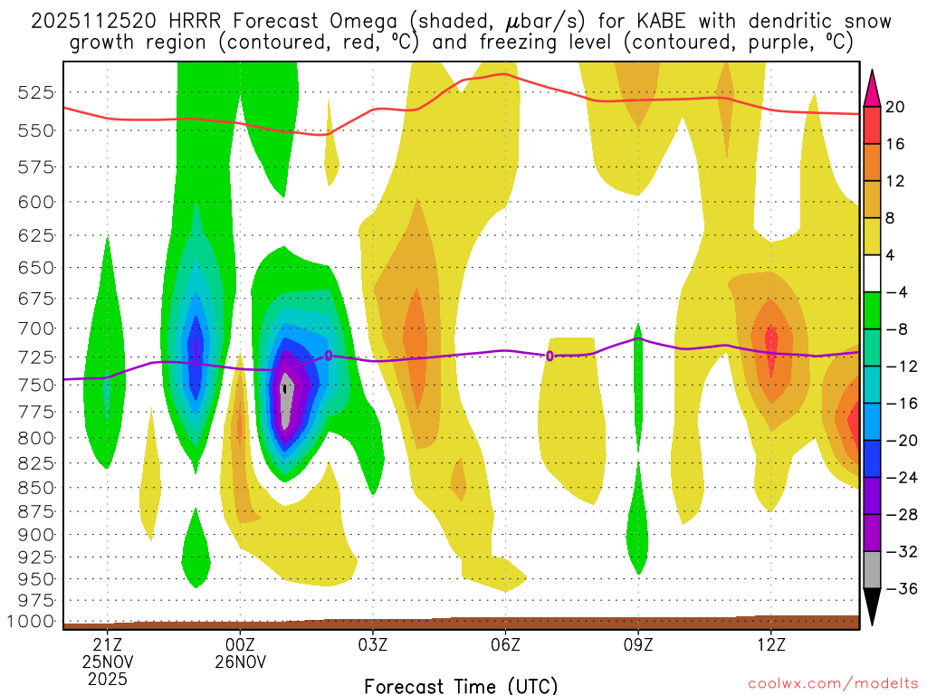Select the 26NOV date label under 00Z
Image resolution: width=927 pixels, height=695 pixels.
(240, 662)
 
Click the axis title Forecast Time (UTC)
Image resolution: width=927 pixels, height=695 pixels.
(461, 685)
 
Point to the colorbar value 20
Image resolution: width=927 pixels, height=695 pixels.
(895, 107)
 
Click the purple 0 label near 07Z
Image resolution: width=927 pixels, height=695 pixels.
(550, 356)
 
